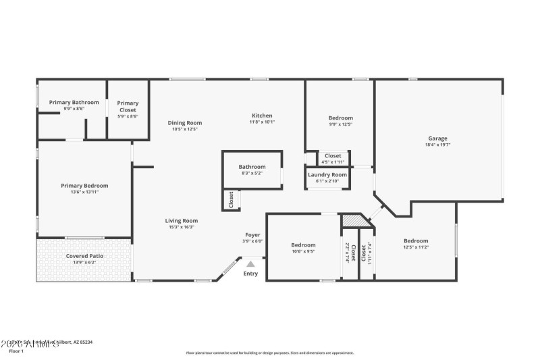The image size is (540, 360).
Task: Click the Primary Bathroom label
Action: click(74, 103)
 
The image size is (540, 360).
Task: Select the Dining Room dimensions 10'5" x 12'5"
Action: click(185, 129)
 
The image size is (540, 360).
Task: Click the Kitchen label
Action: click(262, 115)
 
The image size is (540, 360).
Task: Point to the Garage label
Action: click(437, 138)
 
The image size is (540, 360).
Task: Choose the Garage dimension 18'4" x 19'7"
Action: click(437, 145)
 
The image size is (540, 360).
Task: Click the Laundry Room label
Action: click(327, 174)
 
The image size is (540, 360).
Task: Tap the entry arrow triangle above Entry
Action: click(251, 264)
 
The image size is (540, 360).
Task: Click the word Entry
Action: click(250, 274)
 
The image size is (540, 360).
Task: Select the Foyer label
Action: click(252, 234)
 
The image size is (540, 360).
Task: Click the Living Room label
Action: click(182, 220)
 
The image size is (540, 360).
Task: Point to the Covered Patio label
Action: click(84, 256)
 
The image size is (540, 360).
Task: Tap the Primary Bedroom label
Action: click(84, 186)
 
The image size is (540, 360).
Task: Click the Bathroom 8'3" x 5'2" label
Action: click(252, 167)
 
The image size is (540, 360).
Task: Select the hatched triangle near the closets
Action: click(352, 221)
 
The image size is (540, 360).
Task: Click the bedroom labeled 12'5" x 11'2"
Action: click(416, 241)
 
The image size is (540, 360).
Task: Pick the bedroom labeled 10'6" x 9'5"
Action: click(303, 245)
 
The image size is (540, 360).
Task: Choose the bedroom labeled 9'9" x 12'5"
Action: click(340, 117)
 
